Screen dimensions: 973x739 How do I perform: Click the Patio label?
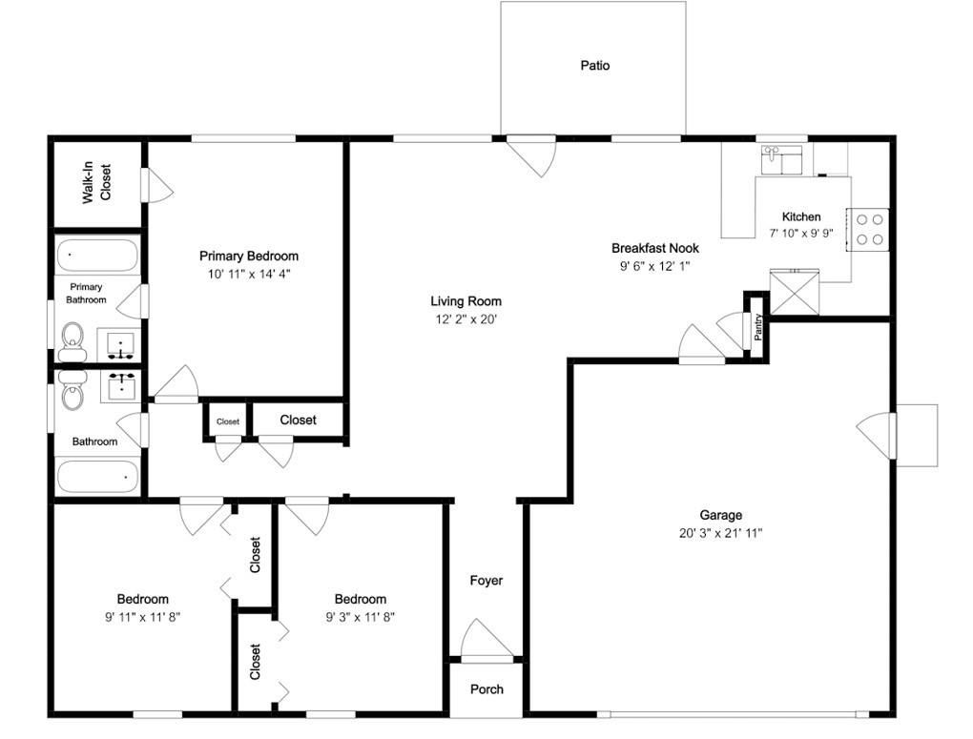click(595, 65)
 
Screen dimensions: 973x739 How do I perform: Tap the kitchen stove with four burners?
click(867, 230)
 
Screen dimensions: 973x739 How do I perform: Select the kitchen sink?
click(782, 159)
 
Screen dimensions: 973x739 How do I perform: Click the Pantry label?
click(757, 327)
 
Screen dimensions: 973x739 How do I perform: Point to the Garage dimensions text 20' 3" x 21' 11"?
click(720, 532)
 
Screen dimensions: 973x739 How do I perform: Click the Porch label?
click(486, 688)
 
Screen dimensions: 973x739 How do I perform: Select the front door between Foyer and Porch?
click(487, 639)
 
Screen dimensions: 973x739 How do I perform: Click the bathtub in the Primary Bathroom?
click(97, 256)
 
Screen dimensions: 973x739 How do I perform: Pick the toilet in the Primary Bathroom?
click(72, 341)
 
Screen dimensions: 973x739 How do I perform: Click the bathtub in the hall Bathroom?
click(97, 477)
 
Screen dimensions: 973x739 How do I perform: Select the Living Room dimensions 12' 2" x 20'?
click(466, 319)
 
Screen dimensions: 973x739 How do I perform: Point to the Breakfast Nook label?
click(655, 248)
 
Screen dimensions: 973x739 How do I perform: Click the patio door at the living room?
click(529, 156)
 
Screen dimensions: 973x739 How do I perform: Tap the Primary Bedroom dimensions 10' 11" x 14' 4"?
click(249, 274)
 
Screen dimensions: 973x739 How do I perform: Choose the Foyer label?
click(486, 580)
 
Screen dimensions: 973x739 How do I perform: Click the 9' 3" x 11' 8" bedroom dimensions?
click(361, 617)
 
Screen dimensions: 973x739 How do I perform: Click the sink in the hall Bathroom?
click(122, 386)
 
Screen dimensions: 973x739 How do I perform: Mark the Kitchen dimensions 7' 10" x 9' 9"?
click(801, 234)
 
